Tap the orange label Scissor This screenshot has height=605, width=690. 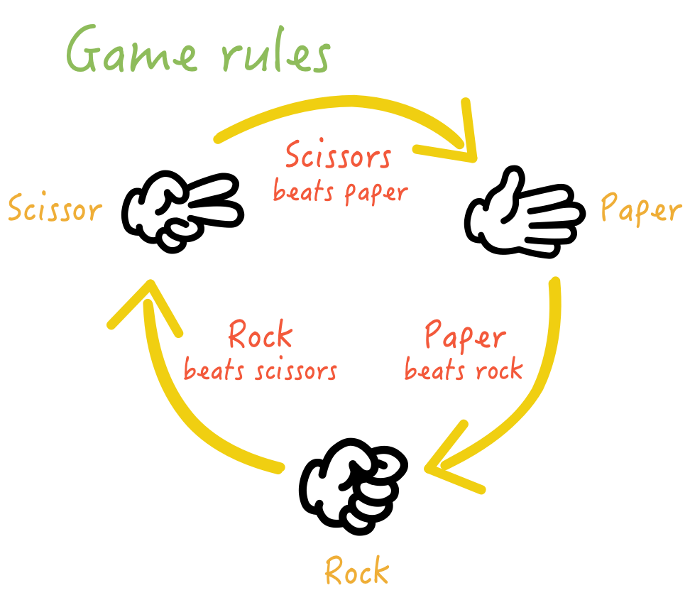[54, 209]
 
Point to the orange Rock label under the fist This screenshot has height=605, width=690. [357, 570]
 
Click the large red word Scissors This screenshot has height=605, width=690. [338, 155]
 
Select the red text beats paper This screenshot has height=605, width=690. [341, 191]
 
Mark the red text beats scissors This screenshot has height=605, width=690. [261, 370]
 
